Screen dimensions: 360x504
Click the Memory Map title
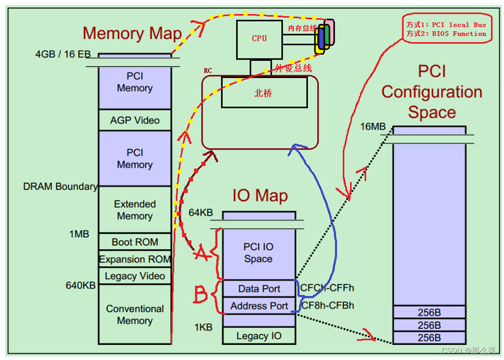point(132,33)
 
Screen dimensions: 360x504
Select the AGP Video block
point(135,120)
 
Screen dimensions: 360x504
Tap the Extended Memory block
point(135,210)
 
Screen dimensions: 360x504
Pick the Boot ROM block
point(135,242)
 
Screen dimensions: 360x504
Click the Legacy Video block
point(135,276)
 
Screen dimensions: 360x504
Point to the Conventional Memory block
point(135,315)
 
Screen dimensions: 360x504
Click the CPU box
point(259,38)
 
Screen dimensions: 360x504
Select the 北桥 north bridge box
point(263,93)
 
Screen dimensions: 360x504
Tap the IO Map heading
point(260,195)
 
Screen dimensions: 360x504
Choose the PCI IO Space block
point(259,252)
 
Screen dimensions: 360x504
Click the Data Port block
point(259,289)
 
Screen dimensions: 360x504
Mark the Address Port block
point(259,305)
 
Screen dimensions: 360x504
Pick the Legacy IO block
point(259,336)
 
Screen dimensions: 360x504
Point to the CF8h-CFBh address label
point(327,305)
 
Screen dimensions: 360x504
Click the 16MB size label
point(373,126)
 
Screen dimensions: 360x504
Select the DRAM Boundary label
point(61,186)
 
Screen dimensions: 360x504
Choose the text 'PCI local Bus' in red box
point(459,24)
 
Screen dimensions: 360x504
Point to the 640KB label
point(80,285)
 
